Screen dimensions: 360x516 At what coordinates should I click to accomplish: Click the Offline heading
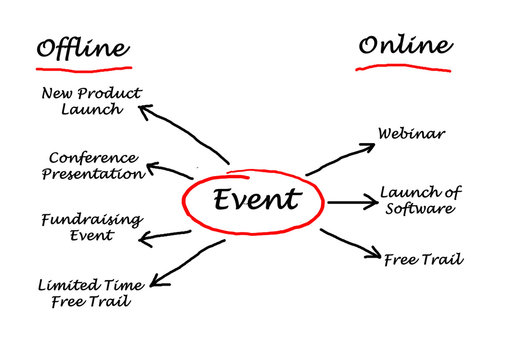point(83,47)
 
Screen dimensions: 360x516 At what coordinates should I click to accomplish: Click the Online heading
point(405,45)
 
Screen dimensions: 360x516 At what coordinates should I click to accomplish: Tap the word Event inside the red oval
point(255,199)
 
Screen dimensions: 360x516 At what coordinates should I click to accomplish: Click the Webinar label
point(412,132)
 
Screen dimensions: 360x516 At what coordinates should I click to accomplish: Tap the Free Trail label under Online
point(423,259)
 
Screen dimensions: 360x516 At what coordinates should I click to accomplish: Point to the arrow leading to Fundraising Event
point(166,236)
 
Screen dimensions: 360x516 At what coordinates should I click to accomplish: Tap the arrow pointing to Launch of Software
point(352,202)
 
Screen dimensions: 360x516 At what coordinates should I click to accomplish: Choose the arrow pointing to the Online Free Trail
point(351,244)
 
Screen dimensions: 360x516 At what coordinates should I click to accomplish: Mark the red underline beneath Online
point(406,69)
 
